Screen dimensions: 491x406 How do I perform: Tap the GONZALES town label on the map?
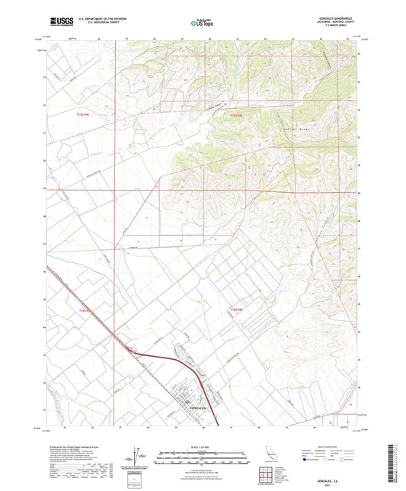(x=197, y=409)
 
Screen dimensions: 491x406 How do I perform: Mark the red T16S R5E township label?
(x=237, y=310)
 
